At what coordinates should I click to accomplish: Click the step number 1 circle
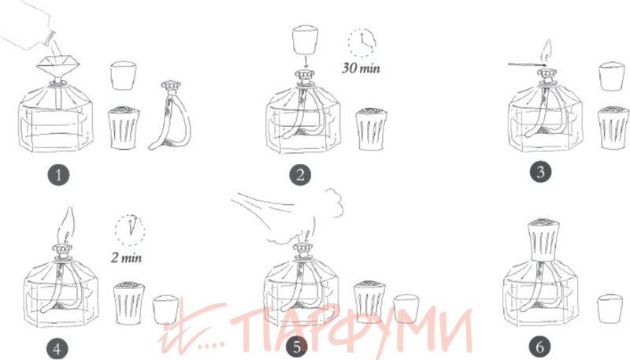pyautogui.click(x=58, y=175)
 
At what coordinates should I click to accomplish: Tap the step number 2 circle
pyautogui.click(x=300, y=175)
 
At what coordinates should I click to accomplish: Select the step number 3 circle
pyautogui.click(x=540, y=172)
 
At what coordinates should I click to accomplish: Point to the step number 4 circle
pyautogui.click(x=57, y=349)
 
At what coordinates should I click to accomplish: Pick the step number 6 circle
pyautogui.click(x=539, y=347)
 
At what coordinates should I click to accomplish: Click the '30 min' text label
pyautogui.click(x=361, y=68)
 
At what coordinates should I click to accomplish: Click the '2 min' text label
pyautogui.click(x=127, y=257)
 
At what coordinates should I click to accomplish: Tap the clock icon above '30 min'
pyautogui.click(x=362, y=43)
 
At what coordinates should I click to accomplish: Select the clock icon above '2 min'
pyautogui.click(x=130, y=230)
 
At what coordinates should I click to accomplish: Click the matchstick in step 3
pyautogui.click(x=527, y=64)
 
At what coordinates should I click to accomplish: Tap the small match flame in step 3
pyautogui.click(x=547, y=50)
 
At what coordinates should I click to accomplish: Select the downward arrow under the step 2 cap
pyautogui.click(x=306, y=62)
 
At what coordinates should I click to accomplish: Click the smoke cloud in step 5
pyautogui.click(x=306, y=217)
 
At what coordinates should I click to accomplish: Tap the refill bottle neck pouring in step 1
pyautogui.click(x=50, y=37)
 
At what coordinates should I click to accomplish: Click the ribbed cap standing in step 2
pyautogui.click(x=371, y=128)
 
